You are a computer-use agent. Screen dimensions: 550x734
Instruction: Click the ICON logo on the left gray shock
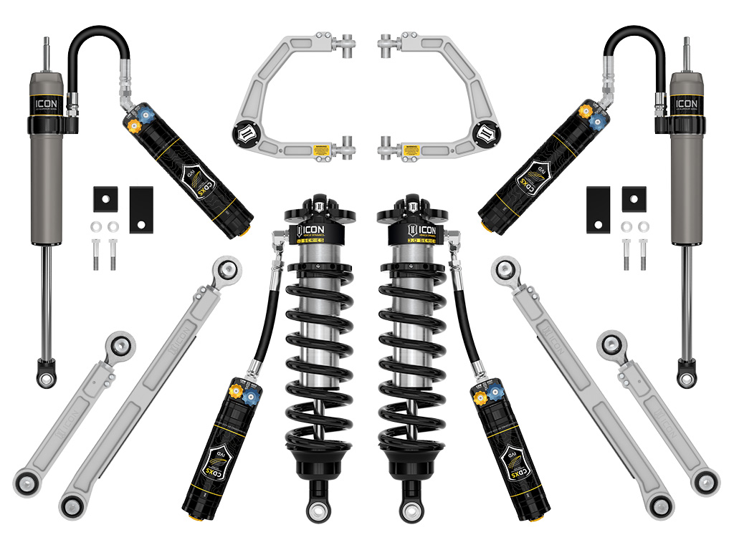pyautogui.click(x=47, y=105)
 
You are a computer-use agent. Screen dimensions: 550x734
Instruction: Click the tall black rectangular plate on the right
pyautogui.click(x=598, y=210)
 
